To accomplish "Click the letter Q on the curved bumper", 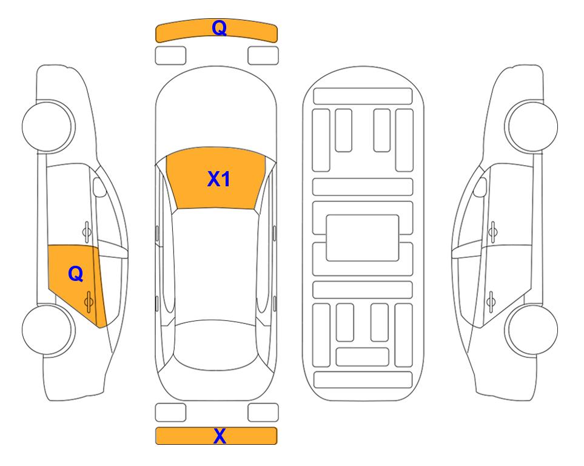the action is (220, 27).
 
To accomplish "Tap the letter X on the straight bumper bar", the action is (220, 436).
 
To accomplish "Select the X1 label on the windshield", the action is (219, 179).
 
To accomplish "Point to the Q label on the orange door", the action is (76, 274).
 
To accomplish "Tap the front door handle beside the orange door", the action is (87, 232).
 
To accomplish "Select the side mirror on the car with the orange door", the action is (99, 187).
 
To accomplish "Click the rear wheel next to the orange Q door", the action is (48, 329).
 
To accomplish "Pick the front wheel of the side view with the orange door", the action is (48, 126).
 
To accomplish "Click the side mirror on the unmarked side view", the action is (480, 187).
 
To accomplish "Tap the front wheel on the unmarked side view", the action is (531, 126).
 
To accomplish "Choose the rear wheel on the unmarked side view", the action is (531, 329).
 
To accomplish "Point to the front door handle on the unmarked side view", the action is (493, 232).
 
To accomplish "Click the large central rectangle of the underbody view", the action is (363, 238).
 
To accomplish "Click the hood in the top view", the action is (216, 112).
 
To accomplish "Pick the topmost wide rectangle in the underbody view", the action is (363, 96).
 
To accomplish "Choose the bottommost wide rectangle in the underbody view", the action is (363, 379).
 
